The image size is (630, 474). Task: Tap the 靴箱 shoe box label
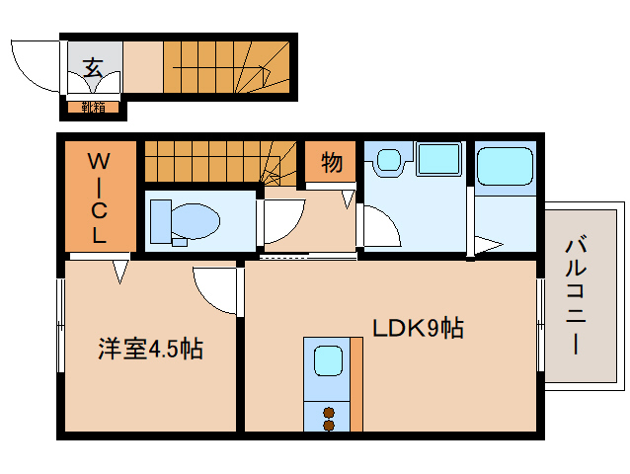click(94, 107)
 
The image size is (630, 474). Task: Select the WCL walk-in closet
click(100, 197)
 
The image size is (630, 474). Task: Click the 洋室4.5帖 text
click(149, 349)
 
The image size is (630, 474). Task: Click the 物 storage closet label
click(331, 163)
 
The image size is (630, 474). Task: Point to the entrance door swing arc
click(33, 66)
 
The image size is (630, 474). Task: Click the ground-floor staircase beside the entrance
click(227, 67)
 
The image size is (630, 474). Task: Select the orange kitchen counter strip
click(356, 385)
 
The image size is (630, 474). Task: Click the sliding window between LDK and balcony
click(540, 326)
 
